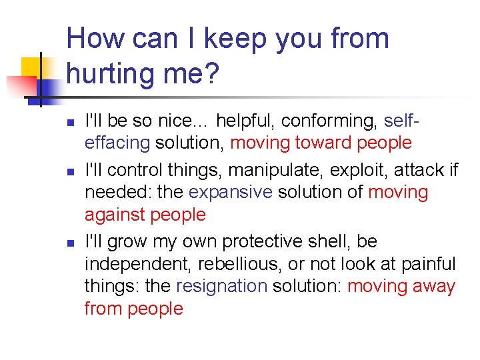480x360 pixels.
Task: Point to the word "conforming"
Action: pos(330,121)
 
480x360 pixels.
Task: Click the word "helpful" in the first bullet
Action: pos(245,121)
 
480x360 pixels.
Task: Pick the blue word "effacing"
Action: pos(117,143)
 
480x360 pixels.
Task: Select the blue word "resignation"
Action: pos(221,287)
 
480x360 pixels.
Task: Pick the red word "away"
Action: pos(434,287)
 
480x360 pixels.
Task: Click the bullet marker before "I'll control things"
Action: pos(71,171)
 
